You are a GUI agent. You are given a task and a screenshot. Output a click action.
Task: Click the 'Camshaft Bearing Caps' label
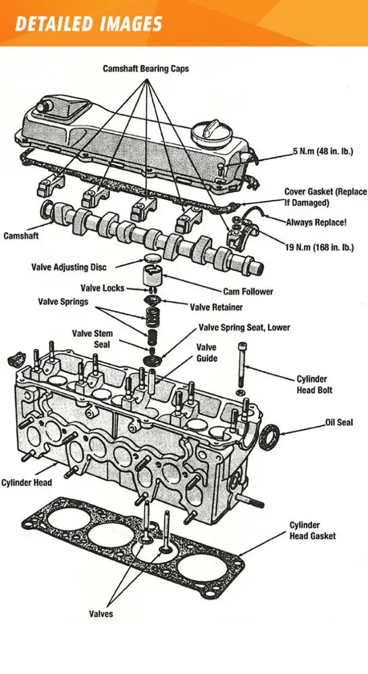click(x=145, y=68)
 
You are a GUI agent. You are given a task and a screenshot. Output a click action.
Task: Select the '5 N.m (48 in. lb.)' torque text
click(x=323, y=152)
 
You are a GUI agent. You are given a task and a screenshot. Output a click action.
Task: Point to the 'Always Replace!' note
click(x=317, y=222)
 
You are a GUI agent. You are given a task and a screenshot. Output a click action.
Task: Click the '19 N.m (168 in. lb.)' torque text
click(x=319, y=247)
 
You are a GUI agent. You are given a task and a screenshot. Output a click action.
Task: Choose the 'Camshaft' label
click(x=21, y=235)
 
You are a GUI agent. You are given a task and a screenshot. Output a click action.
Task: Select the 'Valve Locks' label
click(x=103, y=288)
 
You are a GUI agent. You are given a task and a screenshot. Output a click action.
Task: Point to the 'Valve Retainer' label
click(x=216, y=307)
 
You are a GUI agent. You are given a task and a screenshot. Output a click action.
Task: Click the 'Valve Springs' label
click(x=63, y=301)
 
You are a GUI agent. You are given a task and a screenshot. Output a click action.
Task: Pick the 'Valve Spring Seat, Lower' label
click(x=244, y=328)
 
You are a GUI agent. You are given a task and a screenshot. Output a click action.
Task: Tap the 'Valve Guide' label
click(x=207, y=353)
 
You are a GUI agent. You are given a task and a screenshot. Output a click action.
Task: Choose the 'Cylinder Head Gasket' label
click(x=312, y=530)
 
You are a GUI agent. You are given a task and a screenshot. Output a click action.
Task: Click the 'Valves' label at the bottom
click(x=101, y=613)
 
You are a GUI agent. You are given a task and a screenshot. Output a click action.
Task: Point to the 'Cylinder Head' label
click(x=26, y=483)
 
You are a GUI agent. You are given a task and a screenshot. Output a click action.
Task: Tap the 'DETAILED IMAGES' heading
click(x=88, y=24)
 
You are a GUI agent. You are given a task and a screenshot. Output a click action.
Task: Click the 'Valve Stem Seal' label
click(x=92, y=339)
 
